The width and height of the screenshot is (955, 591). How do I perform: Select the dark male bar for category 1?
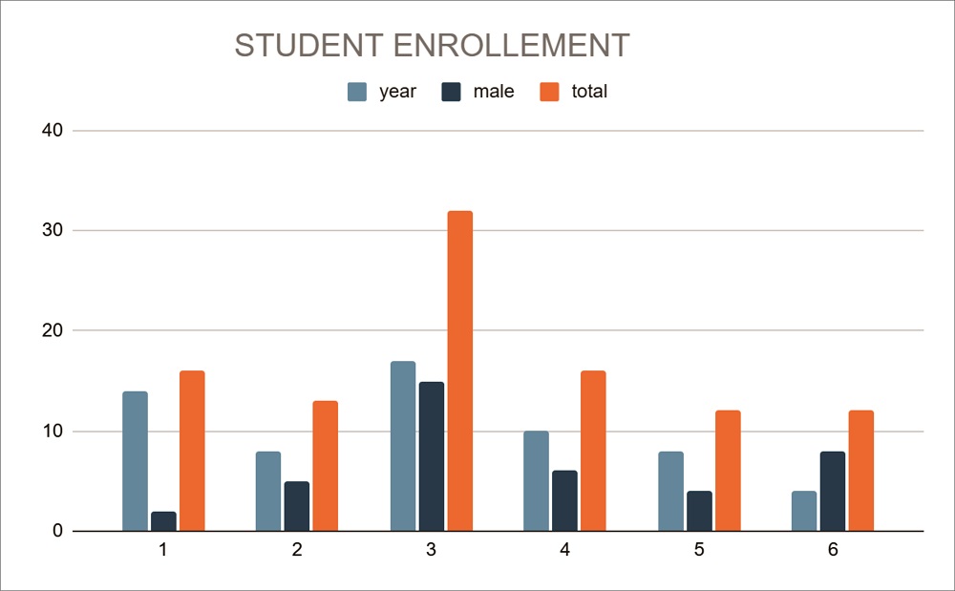(163, 521)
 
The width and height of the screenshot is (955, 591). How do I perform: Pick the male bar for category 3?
(431, 456)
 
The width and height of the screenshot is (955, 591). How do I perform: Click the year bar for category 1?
(135, 461)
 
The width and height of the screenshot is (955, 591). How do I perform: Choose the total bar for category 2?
(325, 466)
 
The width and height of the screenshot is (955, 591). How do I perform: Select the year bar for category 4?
(536, 481)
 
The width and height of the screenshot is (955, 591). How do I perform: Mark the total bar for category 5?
(727, 471)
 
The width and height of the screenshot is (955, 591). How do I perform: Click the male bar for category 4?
(564, 501)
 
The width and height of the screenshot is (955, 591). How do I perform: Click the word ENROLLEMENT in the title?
(508, 46)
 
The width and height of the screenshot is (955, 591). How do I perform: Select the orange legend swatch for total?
(549, 92)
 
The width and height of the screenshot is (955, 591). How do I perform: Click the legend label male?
(493, 92)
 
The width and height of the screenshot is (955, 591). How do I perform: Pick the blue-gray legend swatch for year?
(357, 92)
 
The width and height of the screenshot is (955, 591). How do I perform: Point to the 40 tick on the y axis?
(53, 131)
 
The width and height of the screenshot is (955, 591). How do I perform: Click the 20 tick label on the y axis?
(53, 331)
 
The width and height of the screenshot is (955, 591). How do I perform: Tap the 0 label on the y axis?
(58, 532)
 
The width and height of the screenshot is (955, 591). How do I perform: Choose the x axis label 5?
(699, 551)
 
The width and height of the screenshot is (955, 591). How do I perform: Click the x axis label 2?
(297, 551)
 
